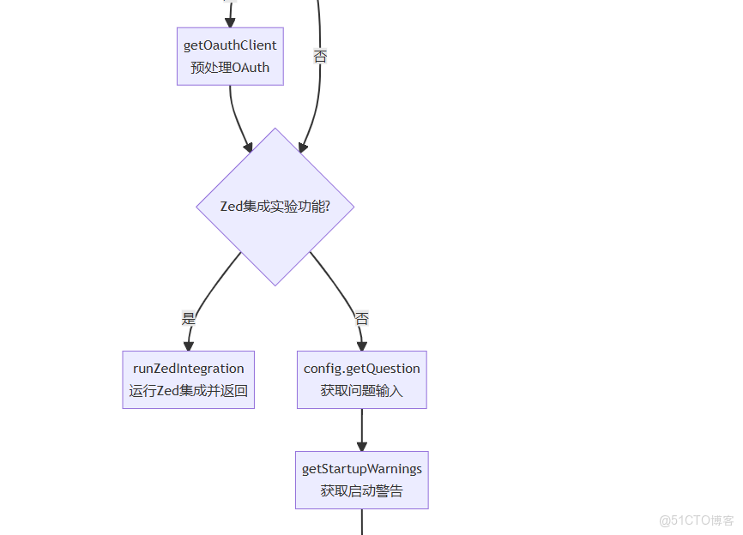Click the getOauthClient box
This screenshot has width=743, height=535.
pyautogui.click(x=230, y=56)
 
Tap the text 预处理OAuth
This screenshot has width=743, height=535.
pyautogui.click(x=230, y=68)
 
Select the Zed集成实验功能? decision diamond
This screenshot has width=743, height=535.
pyautogui.click(x=275, y=207)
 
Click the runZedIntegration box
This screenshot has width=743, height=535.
pyautogui.click(x=188, y=379)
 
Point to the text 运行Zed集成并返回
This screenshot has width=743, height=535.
pyautogui.click(x=188, y=391)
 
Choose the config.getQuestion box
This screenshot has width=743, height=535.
pyautogui.click(x=361, y=379)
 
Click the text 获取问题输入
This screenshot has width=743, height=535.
pyautogui.click(x=361, y=391)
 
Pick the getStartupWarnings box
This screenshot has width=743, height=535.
pyautogui.click(x=361, y=480)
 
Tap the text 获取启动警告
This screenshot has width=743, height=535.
pyautogui.click(x=361, y=491)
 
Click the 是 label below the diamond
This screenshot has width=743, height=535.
pyautogui.click(x=189, y=318)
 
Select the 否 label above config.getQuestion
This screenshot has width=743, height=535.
pyautogui.click(x=362, y=318)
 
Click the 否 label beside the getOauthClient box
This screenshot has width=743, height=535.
pyautogui.click(x=320, y=57)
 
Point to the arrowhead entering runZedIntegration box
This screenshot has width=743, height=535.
pyautogui.click(x=188, y=345)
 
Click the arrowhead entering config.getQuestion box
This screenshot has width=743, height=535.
pyautogui.click(x=361, y=345)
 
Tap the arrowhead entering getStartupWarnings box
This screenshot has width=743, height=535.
pyautogui.click(x=361, y=446)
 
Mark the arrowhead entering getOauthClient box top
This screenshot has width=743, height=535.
pyautogui.click(x=229, y=21)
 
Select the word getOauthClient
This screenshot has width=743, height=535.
pyautogui.click(x=230, y=45)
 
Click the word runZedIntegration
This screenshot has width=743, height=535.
pyautogui.click(x=188, y=369)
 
